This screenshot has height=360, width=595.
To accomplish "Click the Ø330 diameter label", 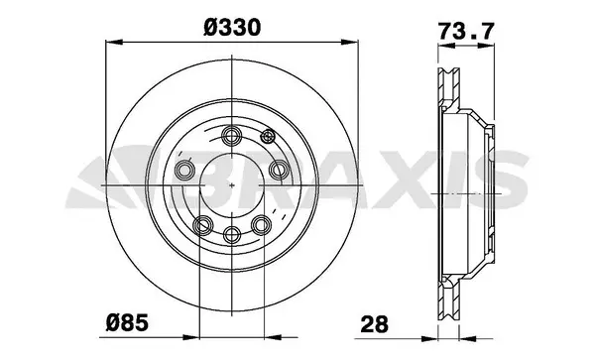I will click(x=231, y=29).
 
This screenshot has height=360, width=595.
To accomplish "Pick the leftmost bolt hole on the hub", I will click(x=184, y=171).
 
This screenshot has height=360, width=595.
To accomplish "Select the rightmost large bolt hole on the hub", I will click(x=280, y=171).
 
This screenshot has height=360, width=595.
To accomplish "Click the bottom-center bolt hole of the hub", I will click(x=232, y=234).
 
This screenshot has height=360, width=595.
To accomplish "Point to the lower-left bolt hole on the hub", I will click(x=202, y=222).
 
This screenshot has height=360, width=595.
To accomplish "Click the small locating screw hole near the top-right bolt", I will click(x=264, y=137).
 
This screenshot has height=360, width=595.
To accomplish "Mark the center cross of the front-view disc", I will click(x=232, y=185).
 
